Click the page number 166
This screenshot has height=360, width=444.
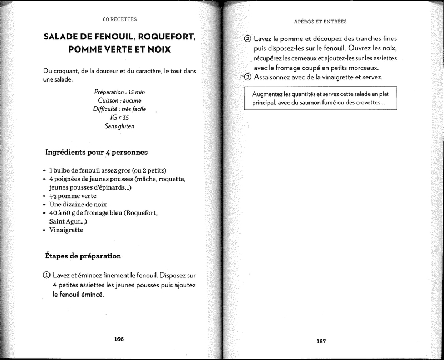click(119, 339)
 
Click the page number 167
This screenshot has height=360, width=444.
click(321, 341)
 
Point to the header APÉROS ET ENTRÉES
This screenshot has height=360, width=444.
click(320, 22)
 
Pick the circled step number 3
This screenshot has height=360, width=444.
click(248, 77)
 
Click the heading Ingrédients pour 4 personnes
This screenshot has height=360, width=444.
click(95, 152)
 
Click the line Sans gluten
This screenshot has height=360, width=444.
click(119, 126)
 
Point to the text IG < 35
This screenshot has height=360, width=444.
click(119, 118)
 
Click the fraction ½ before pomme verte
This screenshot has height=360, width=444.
click(53, 196)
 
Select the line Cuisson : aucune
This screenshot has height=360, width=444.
click(119, 100)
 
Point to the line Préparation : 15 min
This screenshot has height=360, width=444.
click(119, 92)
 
